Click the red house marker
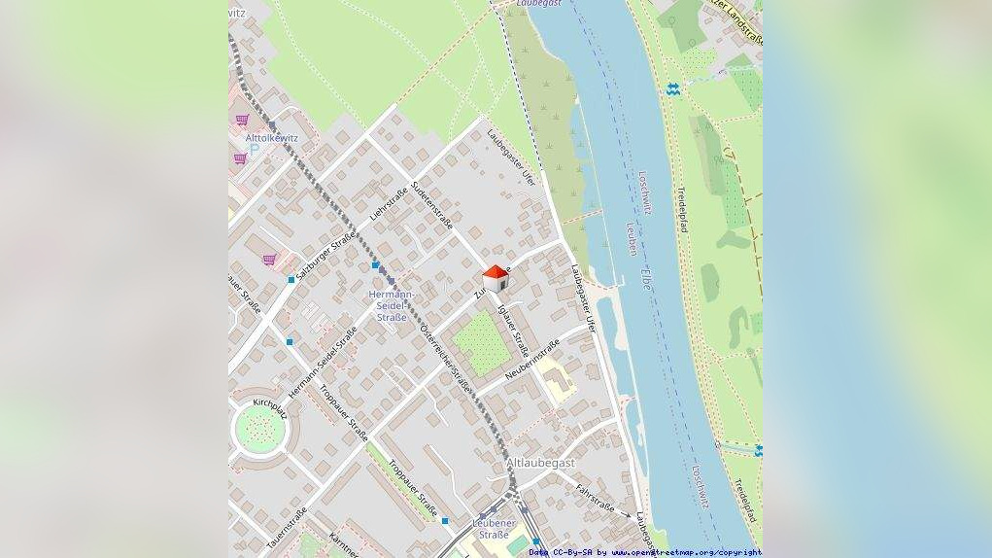496,278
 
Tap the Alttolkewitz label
271,138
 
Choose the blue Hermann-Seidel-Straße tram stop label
393,305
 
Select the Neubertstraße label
532,359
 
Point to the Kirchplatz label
271,401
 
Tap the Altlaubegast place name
541,464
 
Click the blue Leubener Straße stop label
493,529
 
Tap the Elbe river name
646,277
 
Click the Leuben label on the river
633,238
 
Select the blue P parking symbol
254,153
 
